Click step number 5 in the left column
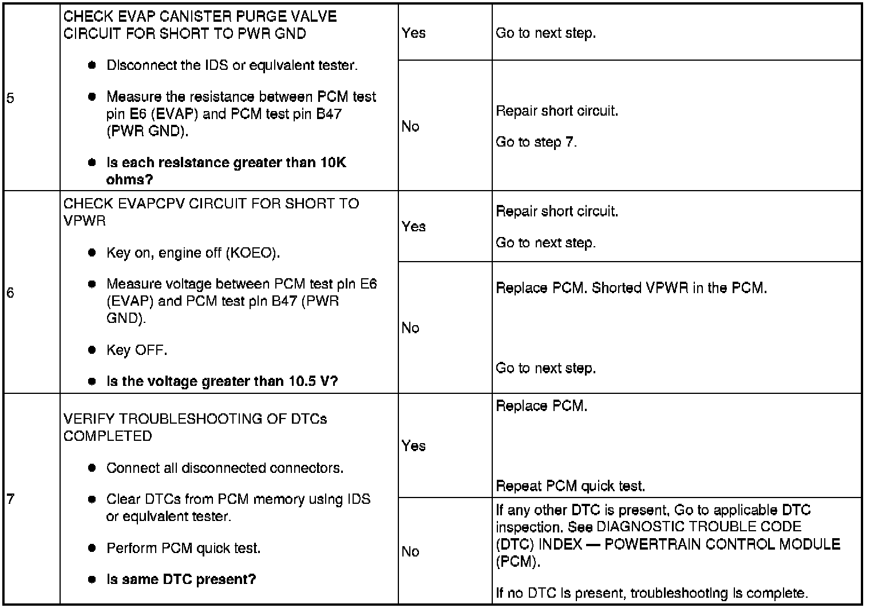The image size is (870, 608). coord(10,98)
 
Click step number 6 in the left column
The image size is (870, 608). coord(10,293)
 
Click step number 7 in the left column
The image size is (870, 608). coord(10,499)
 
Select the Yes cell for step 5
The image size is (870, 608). coord(413,33)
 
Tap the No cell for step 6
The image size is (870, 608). coord(410,327)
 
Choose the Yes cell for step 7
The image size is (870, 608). coord(413,445)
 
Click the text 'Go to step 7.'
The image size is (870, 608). coord(536,141)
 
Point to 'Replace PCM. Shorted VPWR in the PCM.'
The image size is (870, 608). coord(631,287)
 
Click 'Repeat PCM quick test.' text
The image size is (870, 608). coord(570,486)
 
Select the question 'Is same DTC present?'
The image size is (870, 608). coord(181,579)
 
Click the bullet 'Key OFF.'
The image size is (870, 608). coord(136,350)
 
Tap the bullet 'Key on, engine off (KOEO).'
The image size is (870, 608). coord(193,252)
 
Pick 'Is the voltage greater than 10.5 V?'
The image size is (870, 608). coord(222,381)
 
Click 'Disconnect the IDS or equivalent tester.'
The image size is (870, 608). coord(232,65)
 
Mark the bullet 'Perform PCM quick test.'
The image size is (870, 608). coord(183,548)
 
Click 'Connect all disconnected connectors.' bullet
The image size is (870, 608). coord(225,468)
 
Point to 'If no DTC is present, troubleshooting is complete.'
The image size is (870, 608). coord(651,593)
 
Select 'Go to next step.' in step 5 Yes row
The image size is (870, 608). coord(545,33)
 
